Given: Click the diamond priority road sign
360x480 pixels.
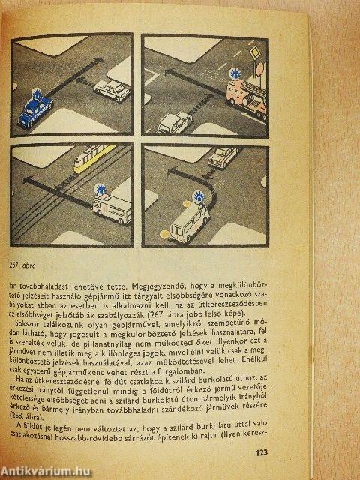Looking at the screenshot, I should pos(255,54).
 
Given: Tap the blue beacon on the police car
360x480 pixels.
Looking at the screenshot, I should pos(36,93).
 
